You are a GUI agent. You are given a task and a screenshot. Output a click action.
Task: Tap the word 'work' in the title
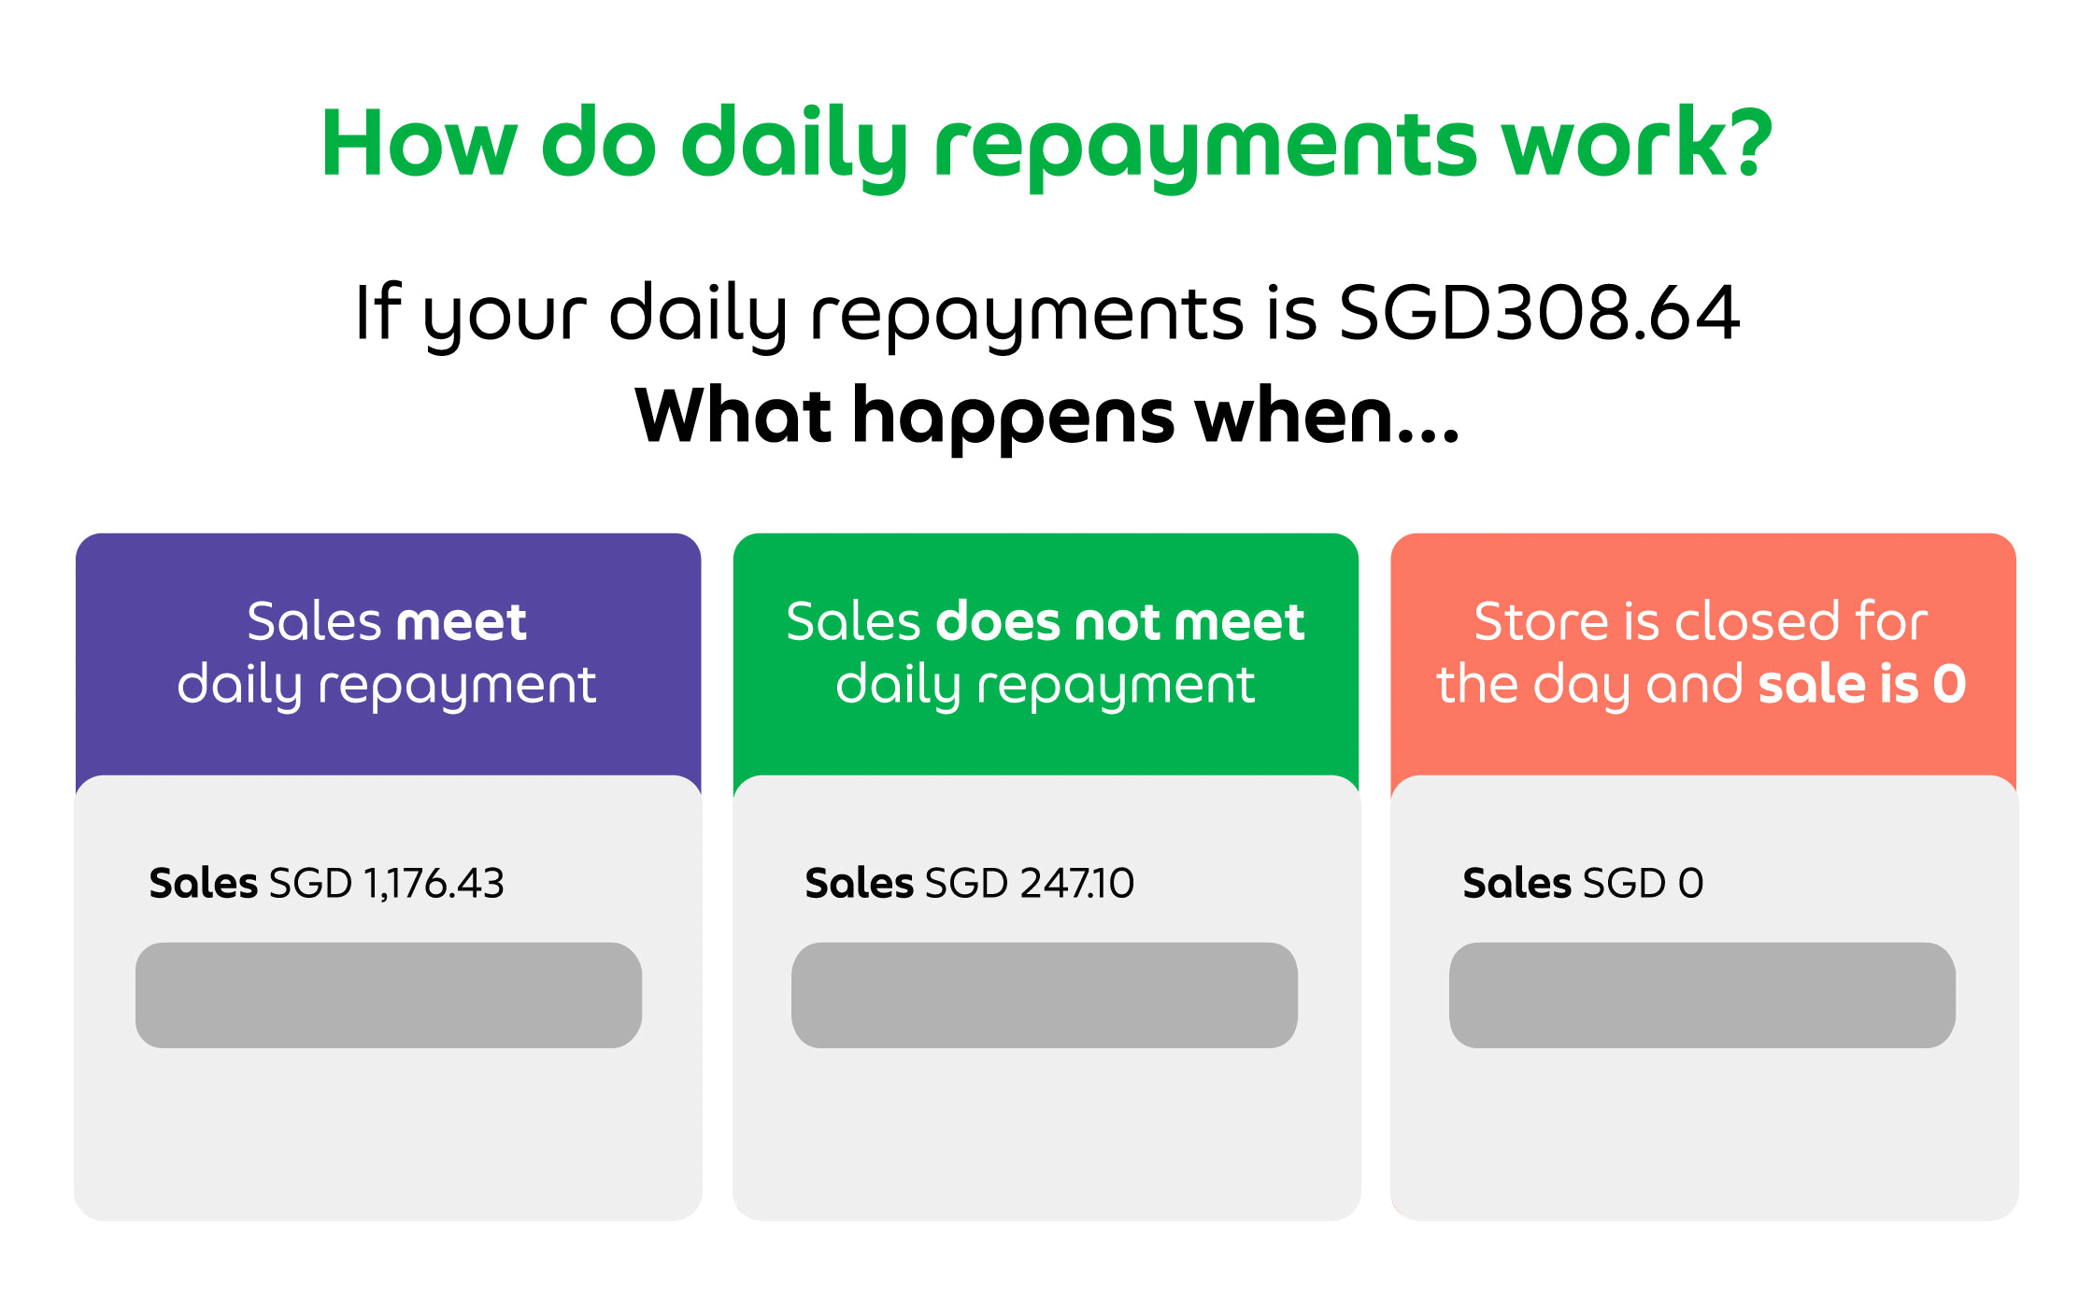click(1606, 141)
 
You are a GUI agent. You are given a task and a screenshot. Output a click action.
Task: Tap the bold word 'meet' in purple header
click(462, 622)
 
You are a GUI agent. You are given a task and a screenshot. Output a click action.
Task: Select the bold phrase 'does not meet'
click(1120, 621)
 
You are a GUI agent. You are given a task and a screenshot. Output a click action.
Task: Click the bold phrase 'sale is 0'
click(1862, 684)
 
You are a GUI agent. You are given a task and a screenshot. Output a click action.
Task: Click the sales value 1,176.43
click(434, 884)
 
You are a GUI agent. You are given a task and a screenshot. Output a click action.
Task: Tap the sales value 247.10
click(1077, 884)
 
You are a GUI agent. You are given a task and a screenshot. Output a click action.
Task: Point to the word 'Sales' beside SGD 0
click(1516, 883)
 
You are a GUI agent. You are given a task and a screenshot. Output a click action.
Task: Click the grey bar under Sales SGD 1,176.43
click(389, 995)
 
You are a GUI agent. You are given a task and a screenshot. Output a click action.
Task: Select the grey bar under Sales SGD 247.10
click(1045, 995)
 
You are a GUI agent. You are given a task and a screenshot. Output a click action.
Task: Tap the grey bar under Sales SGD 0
click(1702, 995)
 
